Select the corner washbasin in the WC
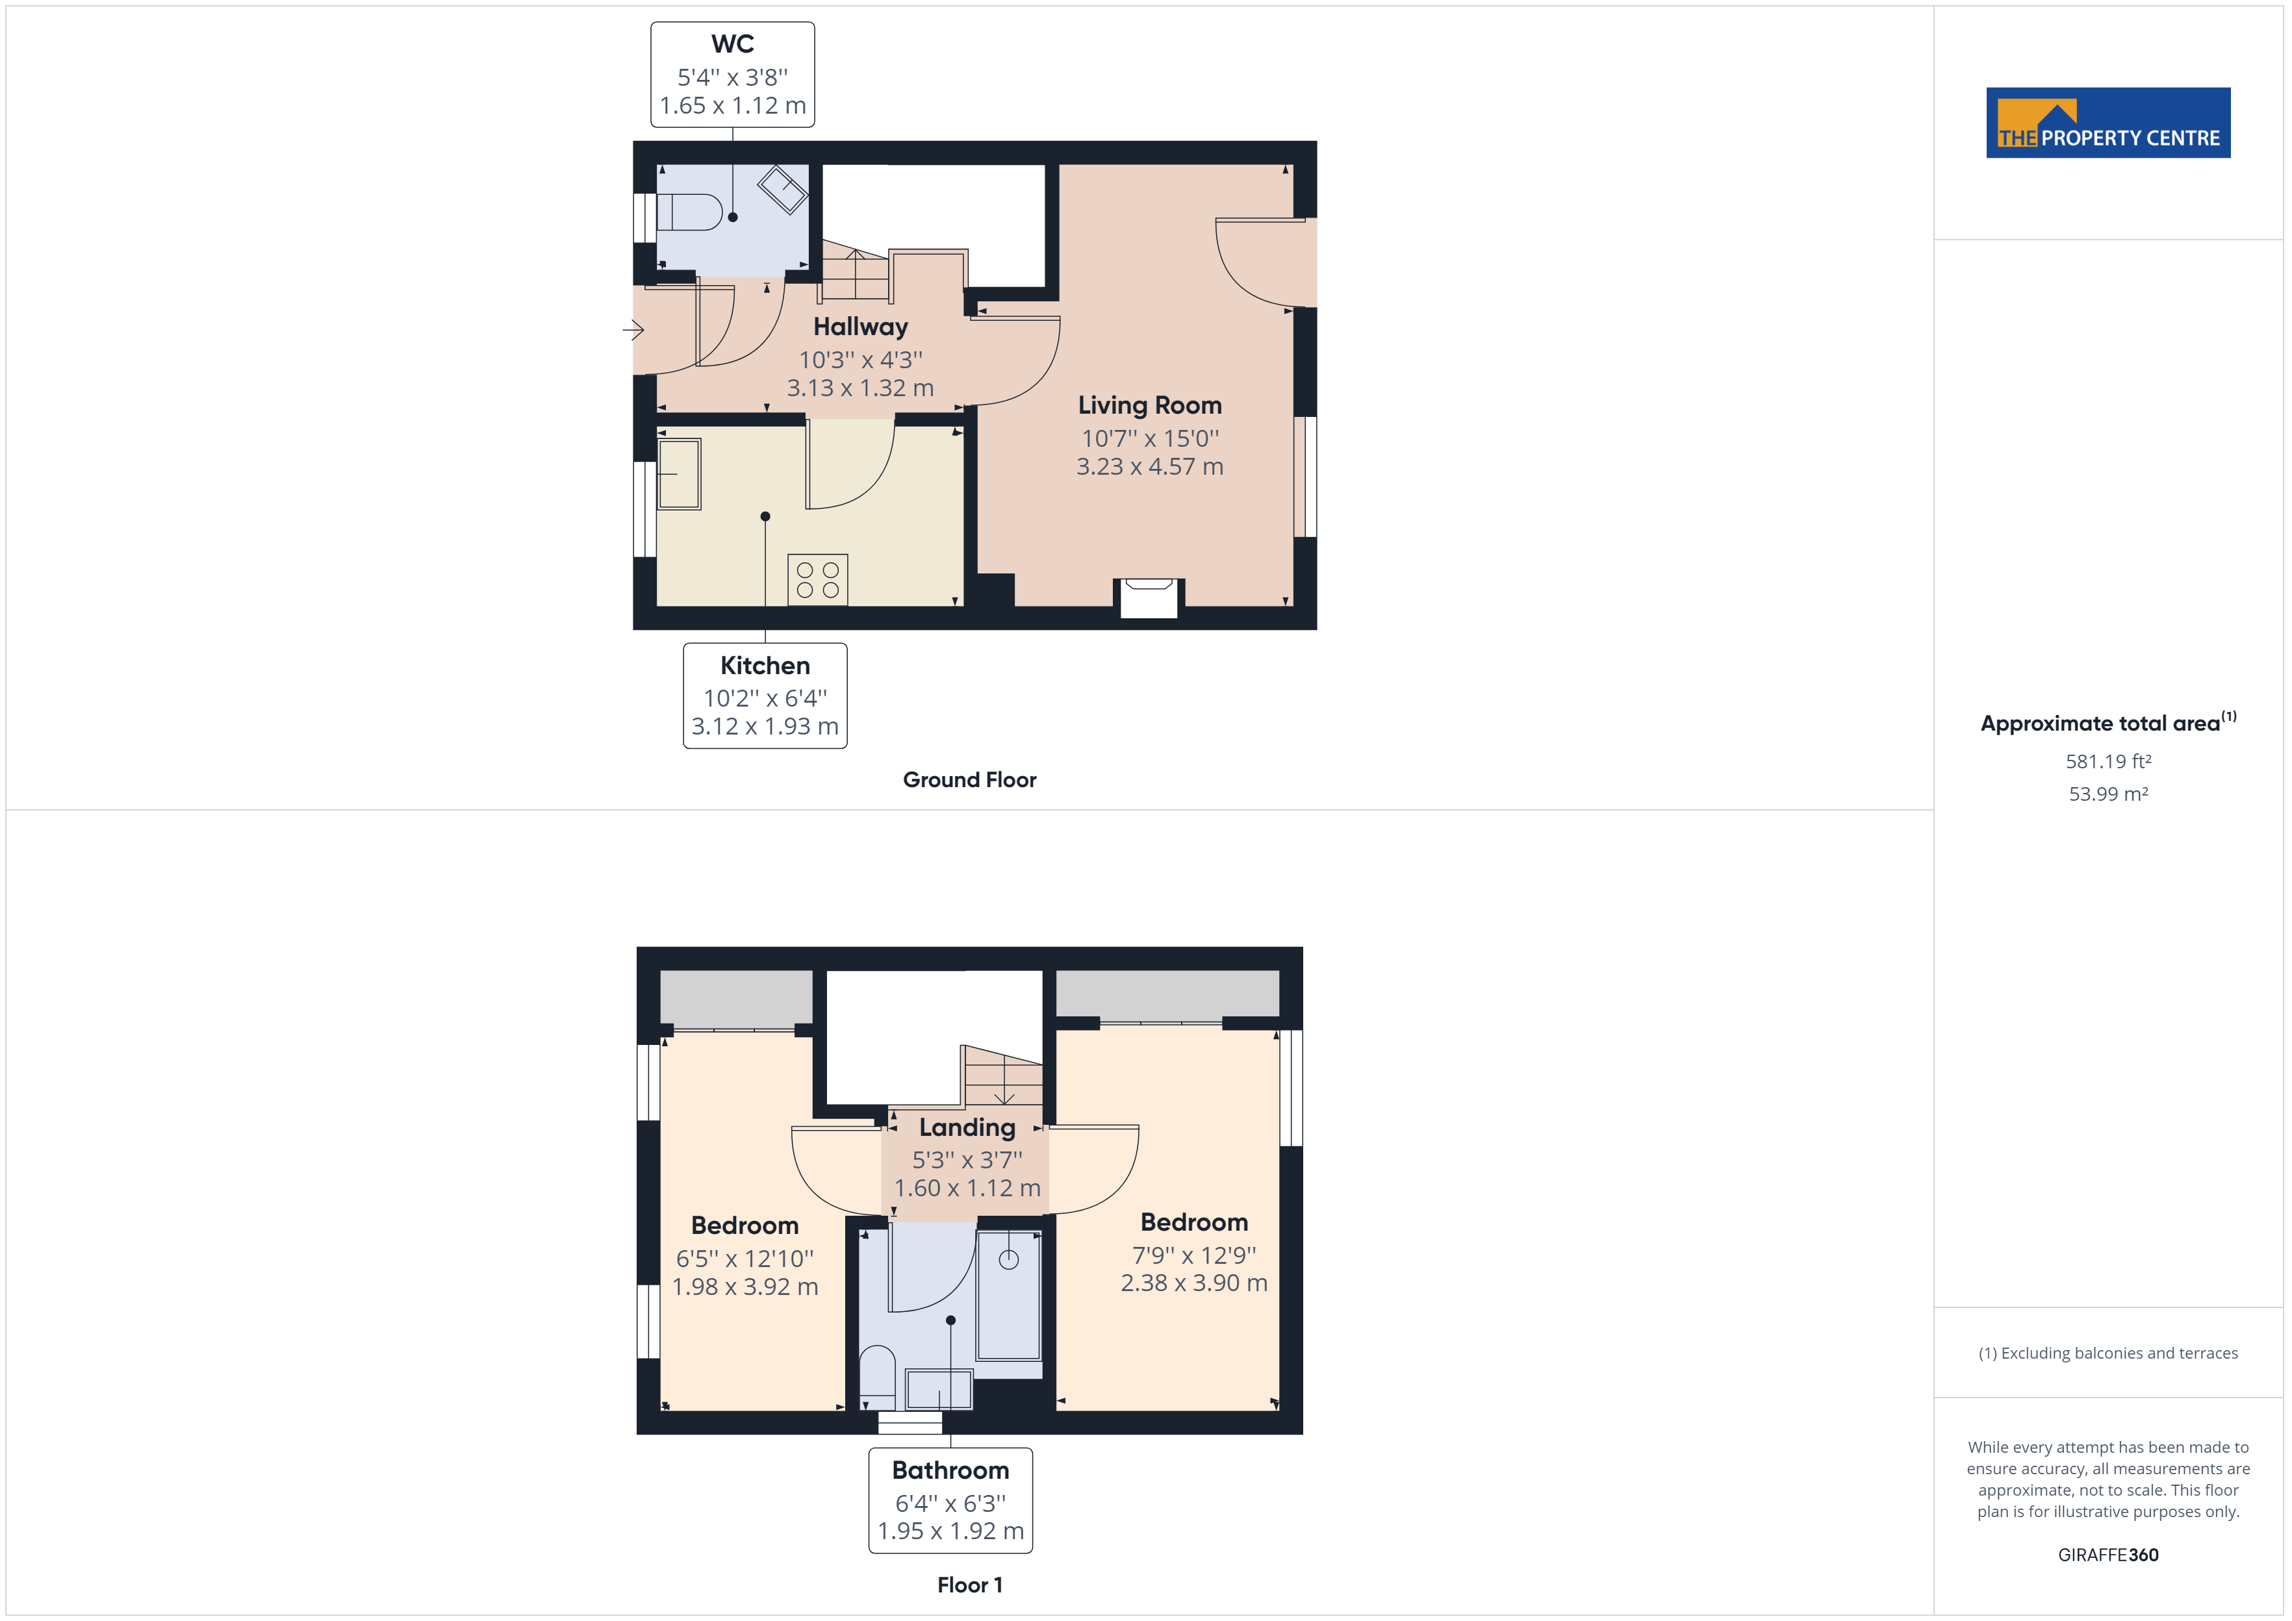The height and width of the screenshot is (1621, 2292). click(x=783, y=188)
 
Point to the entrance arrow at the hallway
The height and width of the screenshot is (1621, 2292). click(x=633, y=329)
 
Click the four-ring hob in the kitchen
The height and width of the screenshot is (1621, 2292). click(x=817, y=580)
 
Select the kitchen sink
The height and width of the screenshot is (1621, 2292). click(x=679, y=474)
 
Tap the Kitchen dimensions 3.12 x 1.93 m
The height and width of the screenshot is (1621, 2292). click(x=765, y=727)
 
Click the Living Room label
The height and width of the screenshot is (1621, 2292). click(x=1149, y=405)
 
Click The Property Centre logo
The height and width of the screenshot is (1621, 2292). click(x=2107, y=123)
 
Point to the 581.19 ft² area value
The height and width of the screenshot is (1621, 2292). click(x=2107, y=762)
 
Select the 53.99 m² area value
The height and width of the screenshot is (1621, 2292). click(x=2107, y=794)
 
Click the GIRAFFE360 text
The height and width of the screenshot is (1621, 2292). click(x=2107, y=1555)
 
